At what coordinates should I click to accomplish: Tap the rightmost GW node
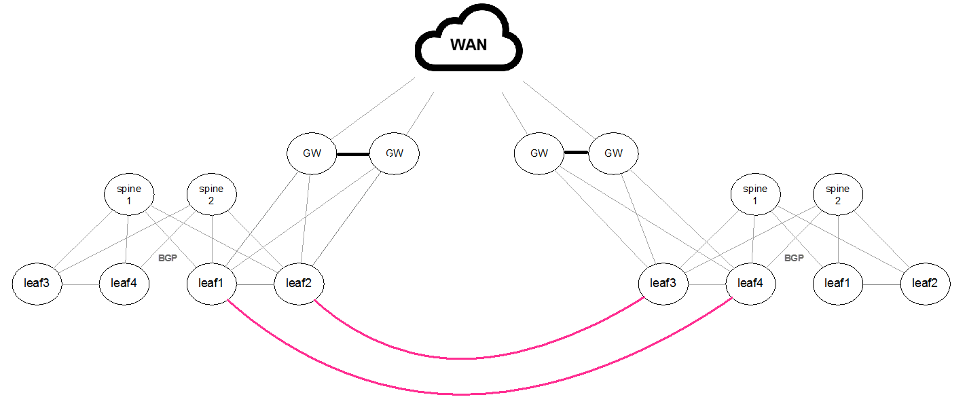tap(613, 153)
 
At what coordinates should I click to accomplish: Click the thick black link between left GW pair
tap(352, 154)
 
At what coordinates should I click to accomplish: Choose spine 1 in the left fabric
tap(128, 195)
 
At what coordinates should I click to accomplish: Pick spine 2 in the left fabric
tap(211, 195)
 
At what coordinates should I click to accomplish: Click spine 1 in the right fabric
tap(755, 195)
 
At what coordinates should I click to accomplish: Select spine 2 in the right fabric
tap(838, 195)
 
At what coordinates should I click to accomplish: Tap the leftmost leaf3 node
tap(37, 283)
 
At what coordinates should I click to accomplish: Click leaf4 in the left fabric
tap(124, 283)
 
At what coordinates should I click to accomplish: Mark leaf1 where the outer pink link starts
tap(211, 283)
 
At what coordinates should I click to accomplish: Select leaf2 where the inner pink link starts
tap(299, 283)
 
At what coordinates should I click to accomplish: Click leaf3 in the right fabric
tap(663, 283)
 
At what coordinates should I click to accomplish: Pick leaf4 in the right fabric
tap(750, 283)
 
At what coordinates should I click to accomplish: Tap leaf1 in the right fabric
tap(837, 283)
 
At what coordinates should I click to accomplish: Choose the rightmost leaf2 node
tap(925, 283)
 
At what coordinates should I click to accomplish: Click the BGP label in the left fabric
tap(167, 259)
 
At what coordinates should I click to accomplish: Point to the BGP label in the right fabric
tap(794, 259)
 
